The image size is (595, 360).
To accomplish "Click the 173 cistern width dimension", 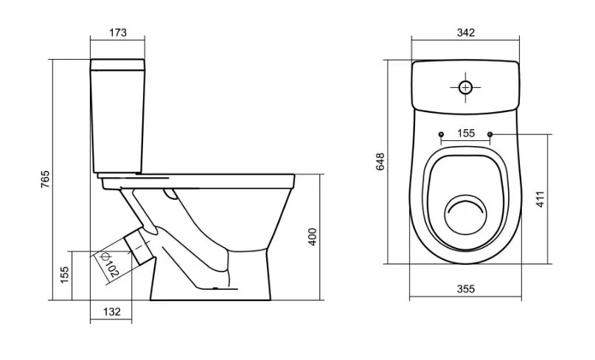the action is coord(118,32).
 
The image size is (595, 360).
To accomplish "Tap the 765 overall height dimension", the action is coord(45,179).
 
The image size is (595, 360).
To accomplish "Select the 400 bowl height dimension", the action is coord(313,237).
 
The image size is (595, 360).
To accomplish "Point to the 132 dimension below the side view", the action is coord(112,312).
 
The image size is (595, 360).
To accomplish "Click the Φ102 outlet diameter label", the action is coord(109,264).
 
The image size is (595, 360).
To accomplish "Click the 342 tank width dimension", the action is coord(465,32).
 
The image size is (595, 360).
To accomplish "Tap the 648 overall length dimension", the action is coord(380,162).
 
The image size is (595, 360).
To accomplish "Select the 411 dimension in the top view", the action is coord(540,199).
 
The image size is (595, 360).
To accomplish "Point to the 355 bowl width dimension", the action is coord(465,289).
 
